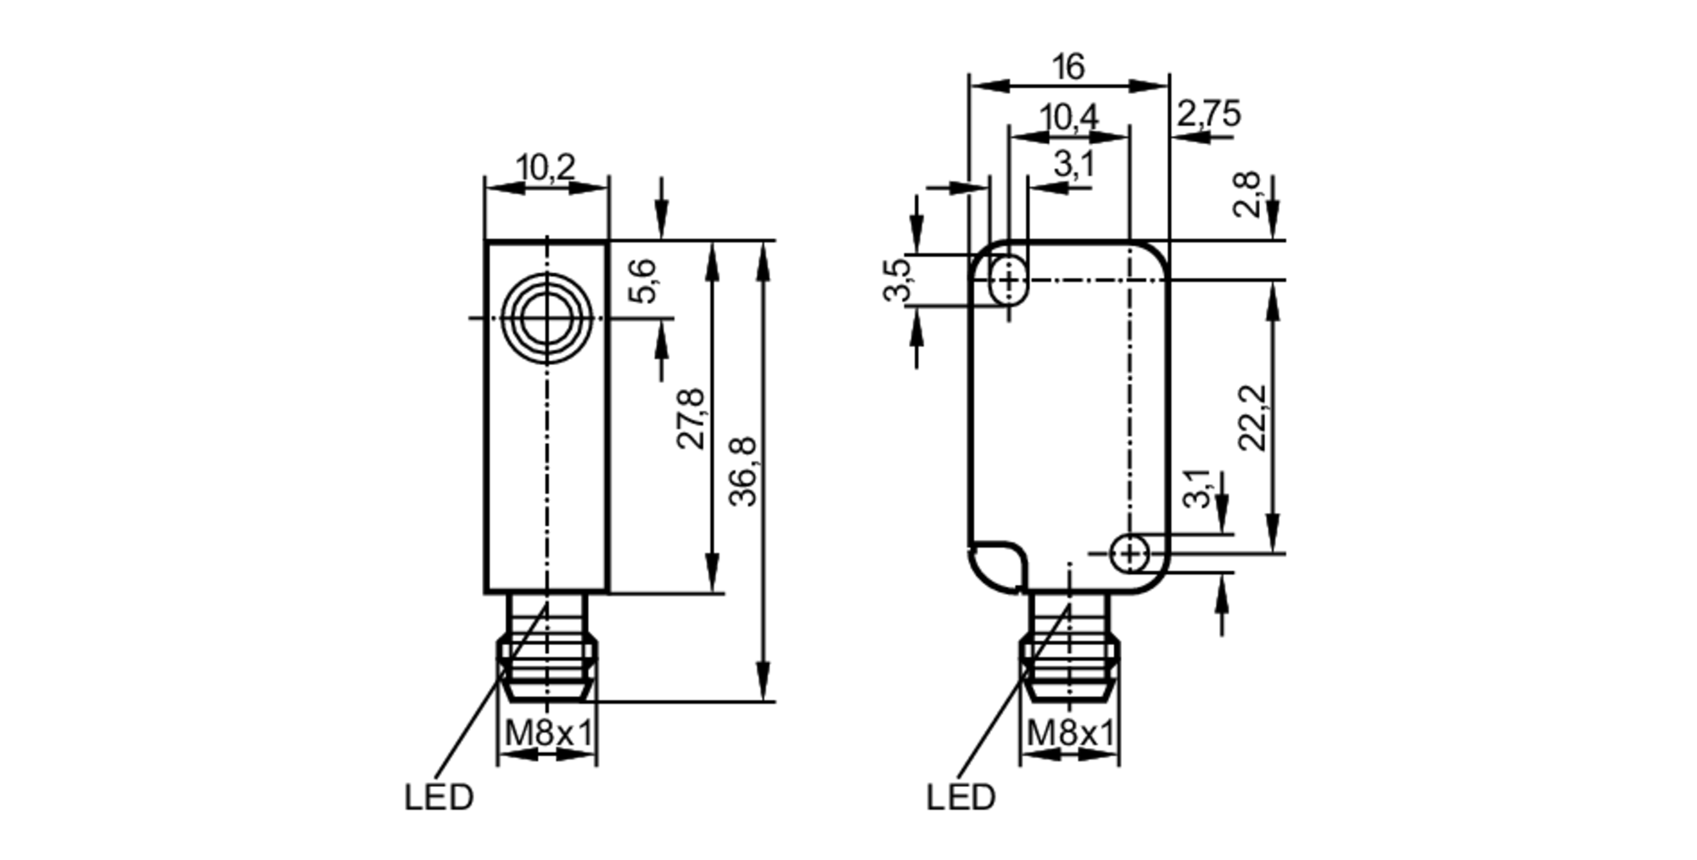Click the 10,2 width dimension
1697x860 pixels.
coord(546,168)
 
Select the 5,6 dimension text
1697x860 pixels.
coord(643,280)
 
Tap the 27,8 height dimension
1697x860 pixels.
coord(691,418)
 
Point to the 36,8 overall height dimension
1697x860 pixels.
coord(743,471)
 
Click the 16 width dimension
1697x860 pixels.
coord(1068,66)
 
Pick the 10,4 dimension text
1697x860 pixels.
coord(1068,117)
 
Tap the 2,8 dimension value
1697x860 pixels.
coord(1248,195)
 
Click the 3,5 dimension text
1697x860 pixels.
coord(897,279)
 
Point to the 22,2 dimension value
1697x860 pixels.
coord(1252,417)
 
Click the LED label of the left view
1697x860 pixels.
coord(439,798)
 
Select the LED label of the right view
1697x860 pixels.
coord(961,798)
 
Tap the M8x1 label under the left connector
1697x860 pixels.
coord(547,733)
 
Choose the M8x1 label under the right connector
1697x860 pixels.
coord(1069,733)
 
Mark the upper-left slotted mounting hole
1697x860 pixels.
coord(1008,279)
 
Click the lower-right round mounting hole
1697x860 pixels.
coord(1130,554)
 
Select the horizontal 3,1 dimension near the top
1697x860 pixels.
coord(1074,164)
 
